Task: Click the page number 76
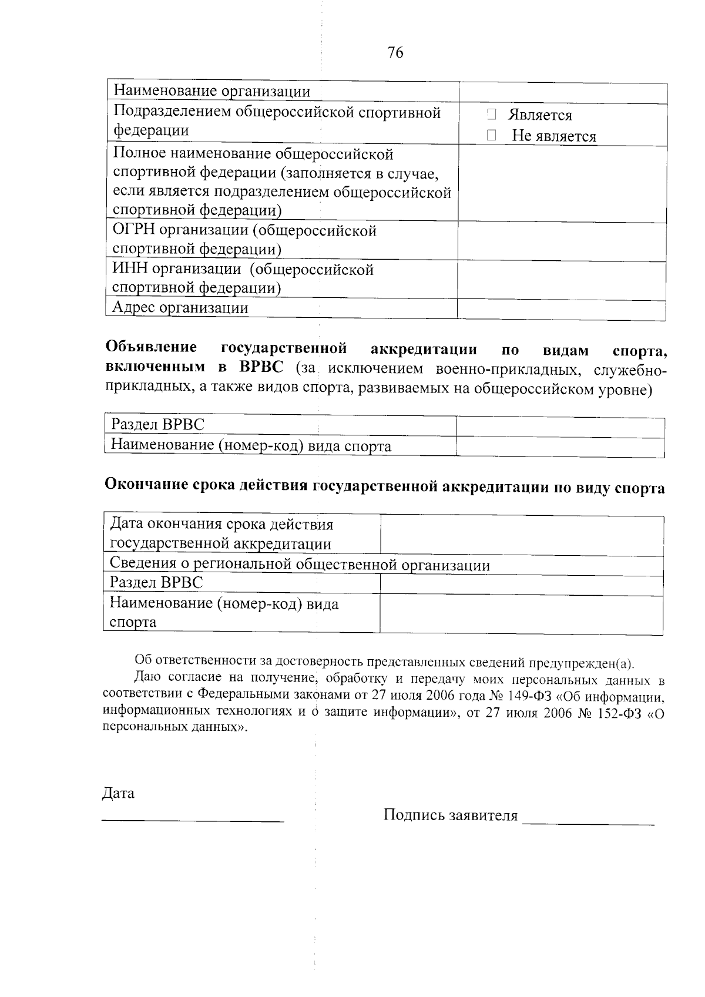point(395,53)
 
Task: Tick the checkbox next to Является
point(492,115)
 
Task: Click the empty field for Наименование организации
point(562,93)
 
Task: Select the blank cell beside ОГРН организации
point(562,241)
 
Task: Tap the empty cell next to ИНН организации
point(562,280)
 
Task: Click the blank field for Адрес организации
point(562,308)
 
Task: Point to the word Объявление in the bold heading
point(151,348)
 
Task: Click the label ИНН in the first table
point(130,270)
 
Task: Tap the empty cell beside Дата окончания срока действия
point(522,535)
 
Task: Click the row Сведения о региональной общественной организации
point(300,565)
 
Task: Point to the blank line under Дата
point(193,818)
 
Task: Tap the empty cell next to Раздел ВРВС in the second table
point(560,427)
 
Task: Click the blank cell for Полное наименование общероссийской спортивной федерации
point(562,183)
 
